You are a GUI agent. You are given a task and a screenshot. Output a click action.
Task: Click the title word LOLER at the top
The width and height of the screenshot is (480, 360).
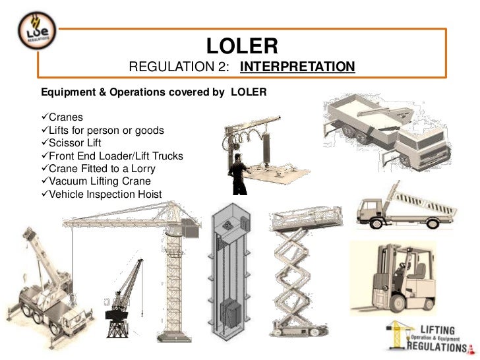pyautogui.click(x=242, y=45)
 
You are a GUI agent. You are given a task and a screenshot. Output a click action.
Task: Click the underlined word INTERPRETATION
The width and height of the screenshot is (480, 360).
pyautogui.click(x=297, y=68)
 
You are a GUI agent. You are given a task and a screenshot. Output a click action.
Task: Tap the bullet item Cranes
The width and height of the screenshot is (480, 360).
pyautogui.click(x=65, y=118)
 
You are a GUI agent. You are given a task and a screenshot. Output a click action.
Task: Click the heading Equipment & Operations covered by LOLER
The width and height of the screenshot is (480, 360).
pyautogui.click(x=154, y=92)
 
